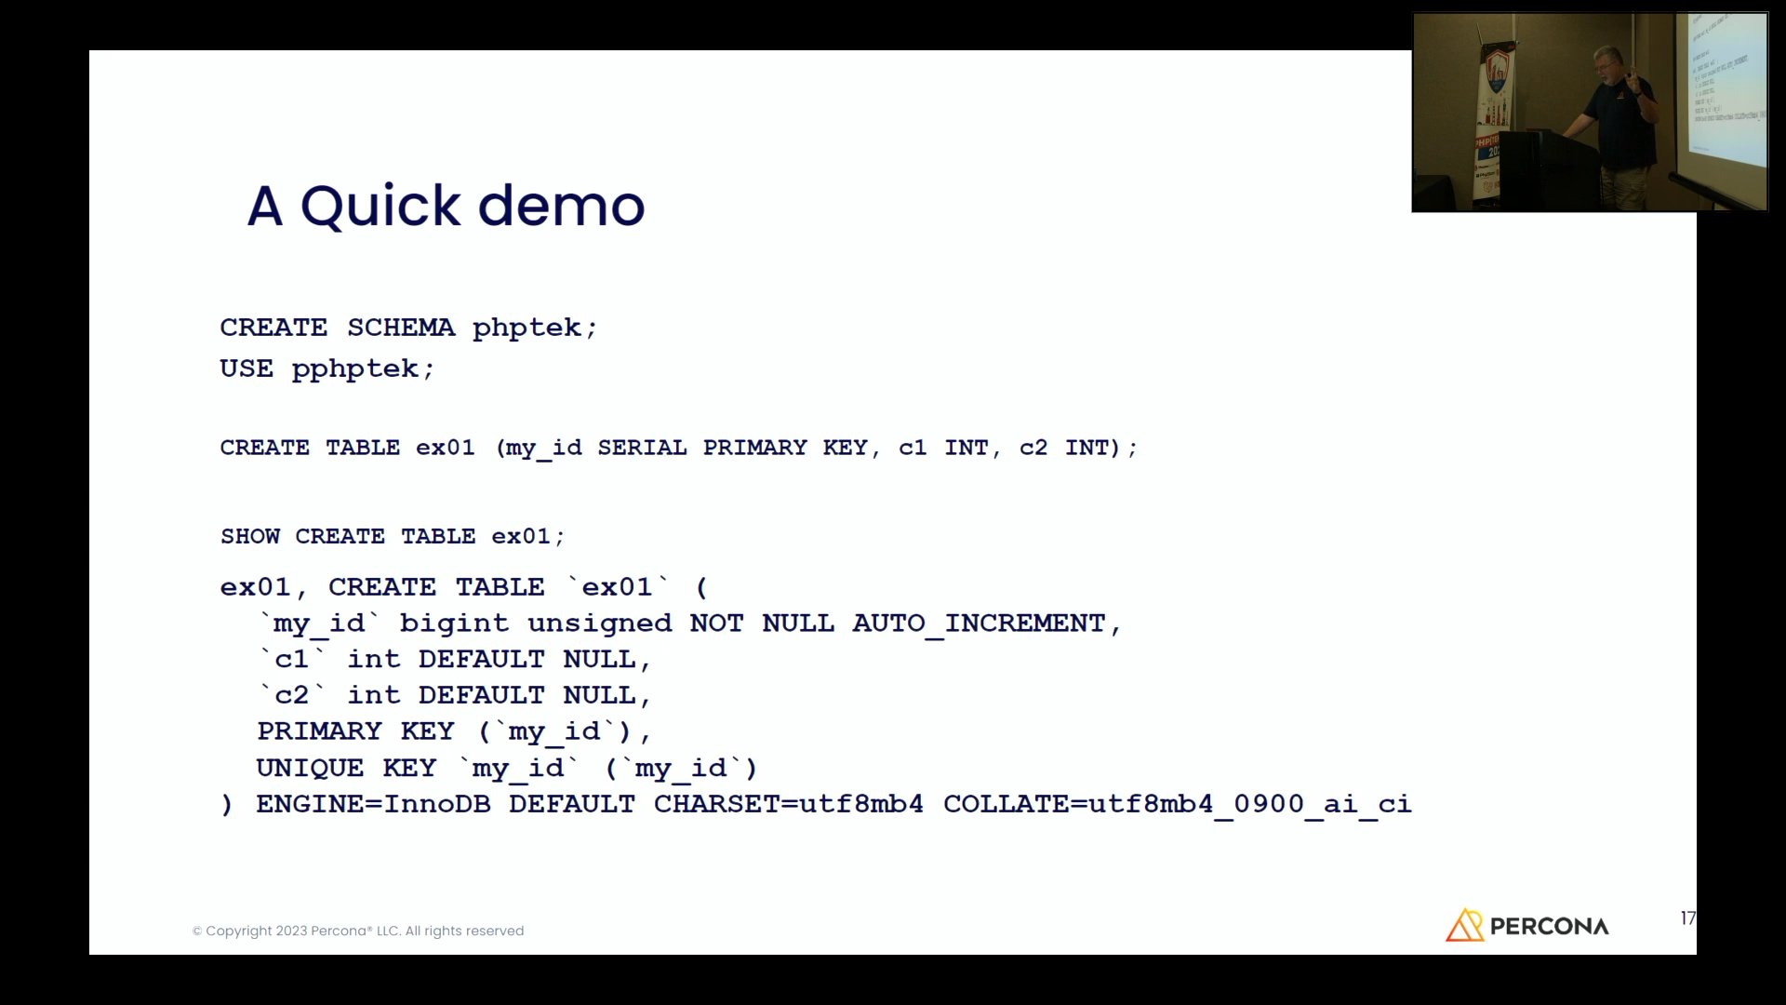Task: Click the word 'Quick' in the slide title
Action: (380, 207)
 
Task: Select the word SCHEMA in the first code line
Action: (401, 328)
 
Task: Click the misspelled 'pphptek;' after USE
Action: (364, 369)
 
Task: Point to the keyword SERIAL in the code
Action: (642, 448)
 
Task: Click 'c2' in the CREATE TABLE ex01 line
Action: (1033, 448)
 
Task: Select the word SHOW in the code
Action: (250, 536)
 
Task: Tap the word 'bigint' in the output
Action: (454, 623)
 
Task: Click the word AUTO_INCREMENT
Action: (979, 623)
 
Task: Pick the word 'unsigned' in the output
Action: (599, 623)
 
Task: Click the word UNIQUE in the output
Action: (310, 768)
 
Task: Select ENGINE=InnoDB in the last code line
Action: (373, 804)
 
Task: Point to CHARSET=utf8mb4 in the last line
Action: (789, 804)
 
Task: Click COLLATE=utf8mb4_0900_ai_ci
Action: (1178, 804)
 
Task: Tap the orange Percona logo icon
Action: (1464, 925)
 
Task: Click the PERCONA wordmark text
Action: (1550, 927)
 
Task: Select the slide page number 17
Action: (1688, 918)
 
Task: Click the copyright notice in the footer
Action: (358, 931)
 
